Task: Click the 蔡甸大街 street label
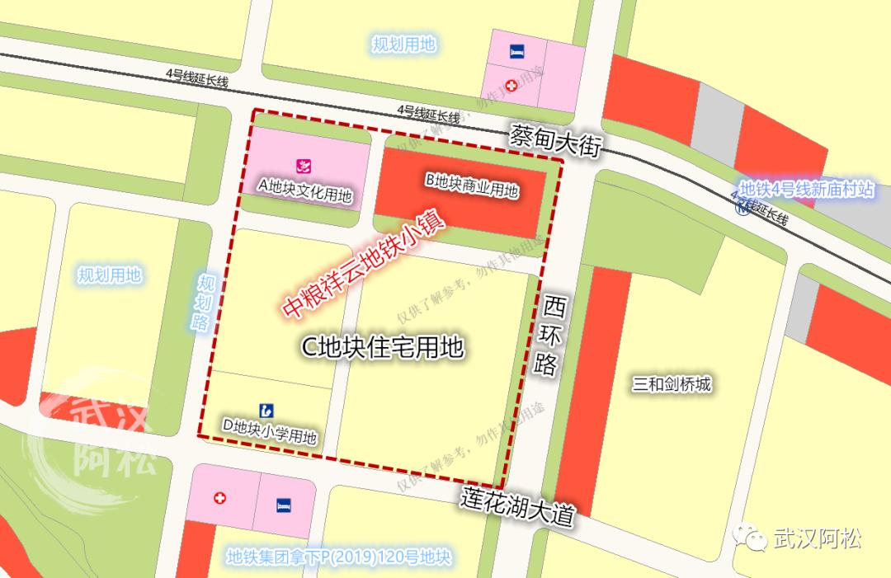[x=557, y=139]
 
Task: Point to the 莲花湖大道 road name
[x=516, y=506]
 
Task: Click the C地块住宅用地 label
[x=381, y=348]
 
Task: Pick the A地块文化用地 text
[x=304, y=195]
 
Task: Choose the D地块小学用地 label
[x=270, y=428]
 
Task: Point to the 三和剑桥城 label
[x=672, y=384]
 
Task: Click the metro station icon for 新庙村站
[x=743, y=209]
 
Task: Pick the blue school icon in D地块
[x=266, y=409]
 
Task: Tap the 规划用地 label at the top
[x=403, y=45]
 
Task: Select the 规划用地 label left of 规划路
[x=110, y=275]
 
